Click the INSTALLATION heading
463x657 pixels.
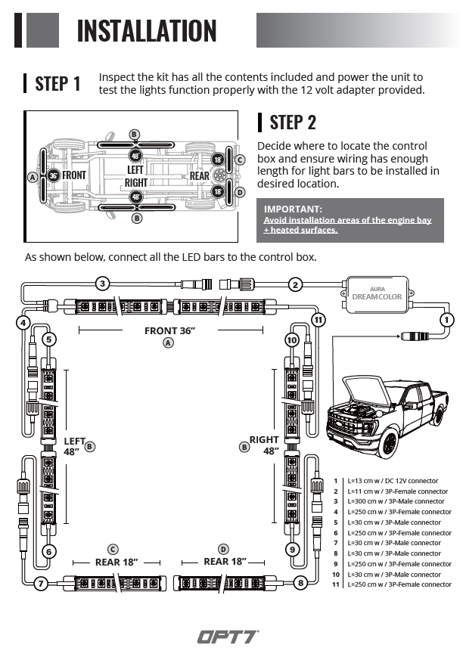point(147,31)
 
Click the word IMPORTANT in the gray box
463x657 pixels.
point(293,209)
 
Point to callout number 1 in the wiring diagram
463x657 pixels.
point(447,319)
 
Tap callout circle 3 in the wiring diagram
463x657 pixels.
point(103,284)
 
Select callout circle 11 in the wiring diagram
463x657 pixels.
point(319,320)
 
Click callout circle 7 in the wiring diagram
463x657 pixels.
point(42,583)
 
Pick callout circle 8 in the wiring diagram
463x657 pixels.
point(301,583)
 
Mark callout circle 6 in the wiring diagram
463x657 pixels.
point(49,551)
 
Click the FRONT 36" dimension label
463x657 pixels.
point(169,330)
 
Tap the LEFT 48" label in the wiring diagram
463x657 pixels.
point(74,445)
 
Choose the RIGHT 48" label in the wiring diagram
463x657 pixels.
point(264,445)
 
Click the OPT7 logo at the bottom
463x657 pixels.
point(228,637)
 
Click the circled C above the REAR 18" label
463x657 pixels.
point(113,549)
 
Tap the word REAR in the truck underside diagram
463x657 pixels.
point(199,176)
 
